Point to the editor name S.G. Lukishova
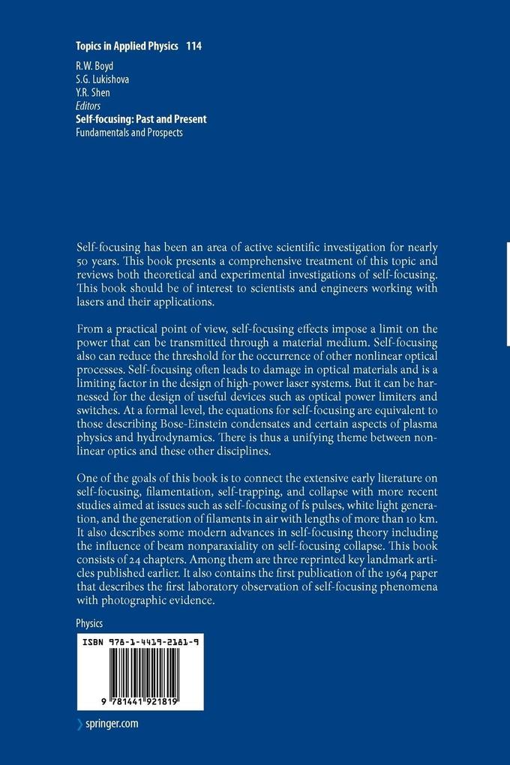coord(103,80)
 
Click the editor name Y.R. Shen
coord(94,93)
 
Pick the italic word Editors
coord(88,106)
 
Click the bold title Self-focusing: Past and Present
coord(141,118)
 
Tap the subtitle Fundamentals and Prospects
coord(129,132)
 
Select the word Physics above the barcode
coord(89,623)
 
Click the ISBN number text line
coord(139,642)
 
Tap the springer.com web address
coord(112,724)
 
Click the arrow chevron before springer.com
coord(80,724)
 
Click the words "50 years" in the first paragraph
coord(99,262)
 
